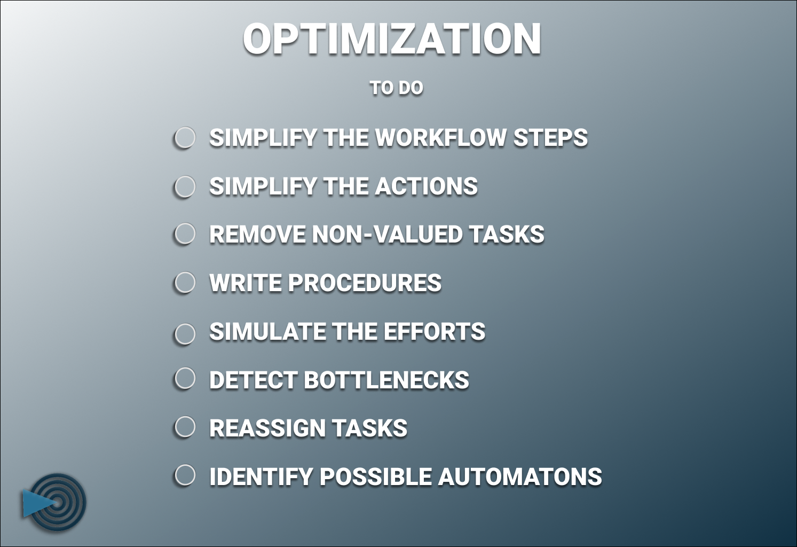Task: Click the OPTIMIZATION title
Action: pos(392,39)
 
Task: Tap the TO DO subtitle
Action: pos(396,88)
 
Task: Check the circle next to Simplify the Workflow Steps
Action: pos(185,138)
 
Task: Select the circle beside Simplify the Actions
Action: pos(185,186)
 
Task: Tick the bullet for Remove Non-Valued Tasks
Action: pos(185,234)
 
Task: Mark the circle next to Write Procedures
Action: pos(185,283)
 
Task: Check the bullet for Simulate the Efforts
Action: pos(185,334)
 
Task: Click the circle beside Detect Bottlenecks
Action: pos(185,378)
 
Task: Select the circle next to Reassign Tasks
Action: pos(185,427)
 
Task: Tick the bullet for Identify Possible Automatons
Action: pos(185,475)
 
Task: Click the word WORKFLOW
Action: pos(440,138)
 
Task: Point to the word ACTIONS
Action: pos(426,186)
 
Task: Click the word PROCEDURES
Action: pos(365,283)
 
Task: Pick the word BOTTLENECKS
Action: pos(386,380)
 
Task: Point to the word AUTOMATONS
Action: pos(519,477)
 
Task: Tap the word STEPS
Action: pos(550,138)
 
